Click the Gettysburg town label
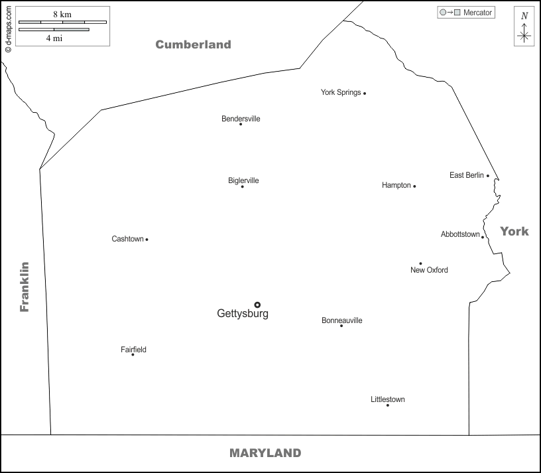tap(243, 314)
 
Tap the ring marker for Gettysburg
tap(257, 305)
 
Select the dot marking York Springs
tap(365, 94)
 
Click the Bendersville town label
tap(241, 119)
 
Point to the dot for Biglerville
tap(242, 186)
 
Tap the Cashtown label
tap(127, 239)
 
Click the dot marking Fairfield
tap(133, 354)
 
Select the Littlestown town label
tap(388, 399)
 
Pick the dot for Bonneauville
tap(341, 326)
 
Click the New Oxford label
tap(429, 270)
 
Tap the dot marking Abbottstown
tap(483, 237)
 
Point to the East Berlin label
tap(467, 175)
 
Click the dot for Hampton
tap(414, 186)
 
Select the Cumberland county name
tap(193, 44)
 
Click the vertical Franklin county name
tap(25, 287)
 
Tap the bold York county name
tap(514, 231)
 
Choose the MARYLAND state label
tap(265, 453)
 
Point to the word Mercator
tap(477, 13)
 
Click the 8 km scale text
tap(63, 13)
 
